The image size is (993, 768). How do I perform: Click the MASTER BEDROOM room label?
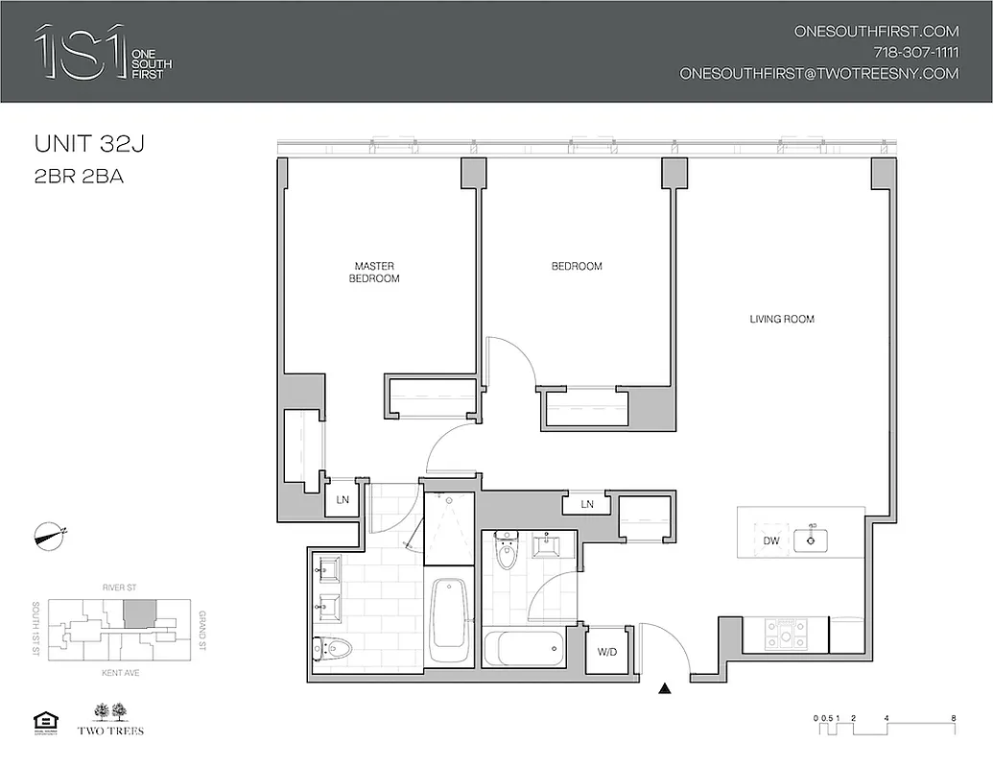pos(375,272)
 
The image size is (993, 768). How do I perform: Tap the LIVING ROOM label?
pos(782,319)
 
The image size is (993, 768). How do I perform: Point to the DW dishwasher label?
pos(770,541)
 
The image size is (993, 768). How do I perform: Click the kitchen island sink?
pos(813,540)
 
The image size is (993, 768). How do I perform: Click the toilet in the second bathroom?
pos(506,553)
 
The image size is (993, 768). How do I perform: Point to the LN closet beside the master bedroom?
pos(343,500)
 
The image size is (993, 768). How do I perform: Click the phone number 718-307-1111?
pos(915,52)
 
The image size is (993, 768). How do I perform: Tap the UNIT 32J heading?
pos(94,145)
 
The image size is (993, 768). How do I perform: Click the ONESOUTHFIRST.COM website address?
pos(876,31)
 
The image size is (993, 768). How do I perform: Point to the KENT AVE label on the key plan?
pos(120,673)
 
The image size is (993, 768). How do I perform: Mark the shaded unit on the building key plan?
pos(141,613)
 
